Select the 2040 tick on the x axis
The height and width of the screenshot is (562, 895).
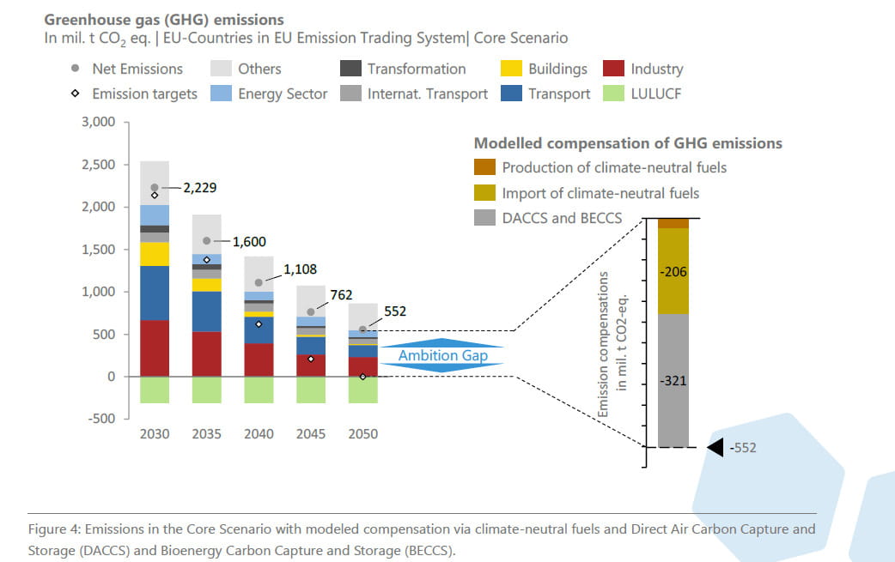point(259,434)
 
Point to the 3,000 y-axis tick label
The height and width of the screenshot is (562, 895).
point(98,122)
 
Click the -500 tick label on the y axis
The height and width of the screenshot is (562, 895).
point(101,419)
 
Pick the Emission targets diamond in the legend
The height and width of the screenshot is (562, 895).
point(76,94)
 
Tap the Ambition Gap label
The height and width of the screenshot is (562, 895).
point(442,355)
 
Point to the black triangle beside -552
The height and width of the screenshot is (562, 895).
point(715,447)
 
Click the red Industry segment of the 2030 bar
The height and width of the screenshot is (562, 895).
point(155,348)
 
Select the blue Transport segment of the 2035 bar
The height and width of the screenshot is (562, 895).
point(206,311)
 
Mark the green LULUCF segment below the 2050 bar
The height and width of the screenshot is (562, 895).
point(362,390)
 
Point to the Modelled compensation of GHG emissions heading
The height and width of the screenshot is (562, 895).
point(628,143)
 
